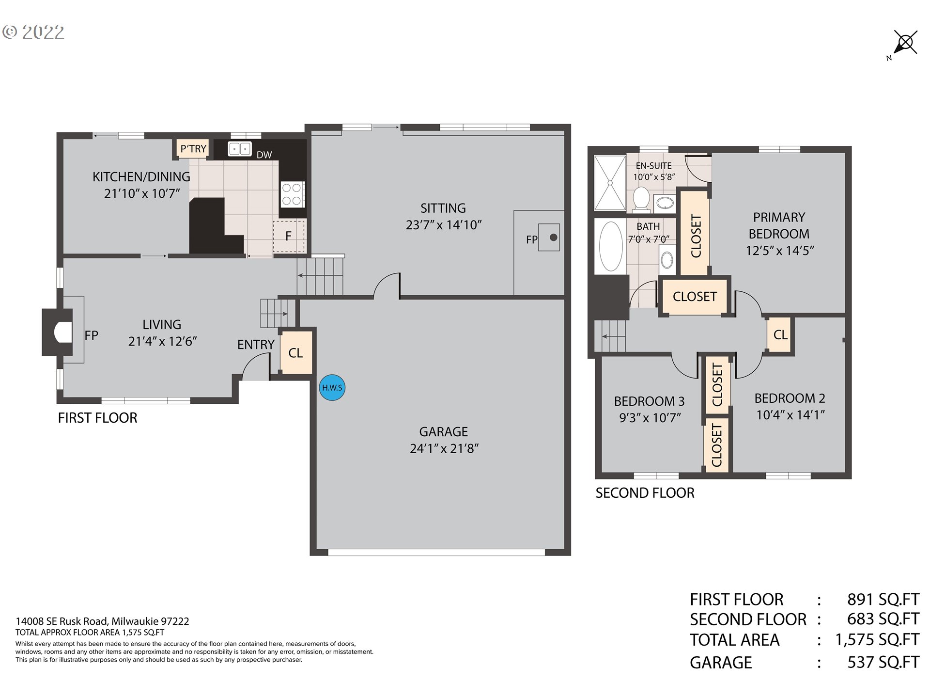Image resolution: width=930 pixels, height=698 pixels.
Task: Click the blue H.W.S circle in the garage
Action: tap(332, 388)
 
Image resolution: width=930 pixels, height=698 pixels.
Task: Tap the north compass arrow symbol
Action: tap(904, 44)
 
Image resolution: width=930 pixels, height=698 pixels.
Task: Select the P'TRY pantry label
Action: tap(193, 149)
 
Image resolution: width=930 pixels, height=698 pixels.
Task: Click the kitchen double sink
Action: tap(240, 148)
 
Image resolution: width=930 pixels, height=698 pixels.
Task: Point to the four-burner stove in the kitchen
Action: tap(293, 194)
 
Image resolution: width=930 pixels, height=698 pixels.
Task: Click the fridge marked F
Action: tap(289, 236)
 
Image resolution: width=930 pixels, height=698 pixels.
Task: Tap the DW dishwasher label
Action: tap(264, 155)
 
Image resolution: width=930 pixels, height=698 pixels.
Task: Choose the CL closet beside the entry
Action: tap(296, 353)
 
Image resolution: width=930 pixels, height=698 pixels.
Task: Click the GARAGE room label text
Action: tap(444, 431)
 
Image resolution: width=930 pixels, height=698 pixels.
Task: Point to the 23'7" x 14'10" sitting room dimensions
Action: tap(444, 225)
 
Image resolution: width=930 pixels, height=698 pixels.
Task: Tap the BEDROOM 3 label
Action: tap(650, 401)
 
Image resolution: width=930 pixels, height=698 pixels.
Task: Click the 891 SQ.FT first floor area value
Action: tap(883, 600)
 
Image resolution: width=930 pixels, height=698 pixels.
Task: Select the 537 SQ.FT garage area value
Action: tap(883, 662)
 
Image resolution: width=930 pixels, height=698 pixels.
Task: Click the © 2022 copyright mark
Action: tap(33, 32)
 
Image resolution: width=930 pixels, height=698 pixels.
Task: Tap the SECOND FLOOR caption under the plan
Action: tap(645, 493)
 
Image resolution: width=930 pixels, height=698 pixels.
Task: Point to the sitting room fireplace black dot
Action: tap(554, 238)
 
